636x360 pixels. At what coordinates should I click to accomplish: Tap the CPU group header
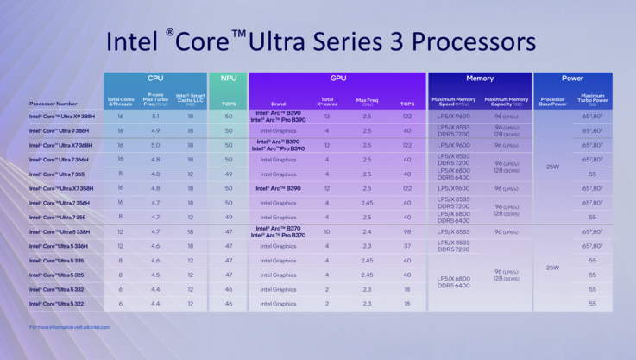point(154,78)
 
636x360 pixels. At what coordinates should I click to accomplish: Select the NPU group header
point(228,78)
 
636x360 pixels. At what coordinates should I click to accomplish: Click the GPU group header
point(337,78)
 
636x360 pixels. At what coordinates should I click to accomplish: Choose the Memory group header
point(480,78)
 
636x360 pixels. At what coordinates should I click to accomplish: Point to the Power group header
point(572,78)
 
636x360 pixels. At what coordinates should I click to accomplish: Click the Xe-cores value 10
point(327,231)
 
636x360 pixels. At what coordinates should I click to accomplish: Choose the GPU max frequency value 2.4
point(368,231)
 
